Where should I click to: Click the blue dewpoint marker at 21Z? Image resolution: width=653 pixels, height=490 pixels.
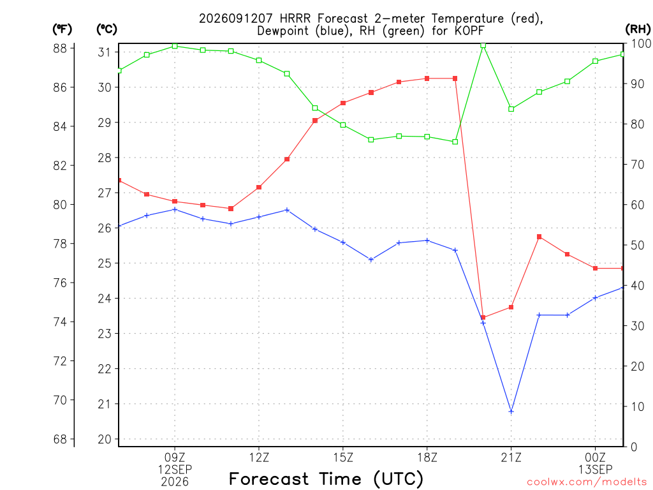coord(511,412)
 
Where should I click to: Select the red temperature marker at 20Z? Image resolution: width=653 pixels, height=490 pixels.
coord(483,318)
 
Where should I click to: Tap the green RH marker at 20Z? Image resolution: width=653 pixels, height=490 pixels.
coord(483,45)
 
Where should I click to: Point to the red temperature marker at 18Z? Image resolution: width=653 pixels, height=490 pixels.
coord(427,78)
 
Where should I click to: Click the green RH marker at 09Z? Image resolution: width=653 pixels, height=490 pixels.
coord(175,46)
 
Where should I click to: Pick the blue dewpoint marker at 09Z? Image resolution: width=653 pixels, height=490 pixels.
coord(175,209)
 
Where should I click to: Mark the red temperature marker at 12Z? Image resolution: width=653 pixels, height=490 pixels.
coord(259,188)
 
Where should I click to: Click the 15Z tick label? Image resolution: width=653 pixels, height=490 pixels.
coord(342,457)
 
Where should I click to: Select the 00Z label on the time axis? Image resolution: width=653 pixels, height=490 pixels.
coord(595,457)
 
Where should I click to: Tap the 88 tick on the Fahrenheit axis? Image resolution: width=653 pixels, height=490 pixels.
coord(60,48)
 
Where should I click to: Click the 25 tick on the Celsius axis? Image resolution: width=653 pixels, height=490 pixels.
coord(105,264)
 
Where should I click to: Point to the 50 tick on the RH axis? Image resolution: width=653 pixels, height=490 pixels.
coord(637,245)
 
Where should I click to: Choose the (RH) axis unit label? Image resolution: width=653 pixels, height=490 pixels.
coord(638,29)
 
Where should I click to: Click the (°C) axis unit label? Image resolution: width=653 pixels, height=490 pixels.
coord(106,29)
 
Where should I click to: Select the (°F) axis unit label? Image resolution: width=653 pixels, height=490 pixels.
coord(62,29)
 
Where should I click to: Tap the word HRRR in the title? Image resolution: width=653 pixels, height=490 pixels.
coord(295,19)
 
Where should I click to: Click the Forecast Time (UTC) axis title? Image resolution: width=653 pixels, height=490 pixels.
coord(326,479)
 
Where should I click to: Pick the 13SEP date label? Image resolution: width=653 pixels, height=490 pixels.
coord(595,470)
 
